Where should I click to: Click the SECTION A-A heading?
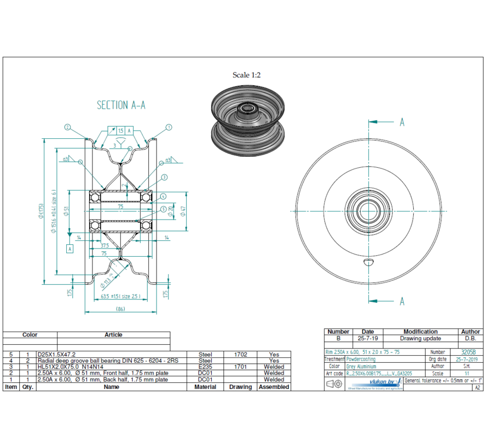(121, 105)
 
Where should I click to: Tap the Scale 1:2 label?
(246, 75)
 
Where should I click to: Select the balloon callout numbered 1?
(169, 127)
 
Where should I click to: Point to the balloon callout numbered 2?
(67, 127)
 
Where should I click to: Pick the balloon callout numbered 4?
(163, 196)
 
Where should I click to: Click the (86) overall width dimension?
(120, 309)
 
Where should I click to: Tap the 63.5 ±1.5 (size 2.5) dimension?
(120, 297)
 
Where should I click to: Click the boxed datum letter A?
(69, 249)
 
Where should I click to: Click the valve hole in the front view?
(369, 263)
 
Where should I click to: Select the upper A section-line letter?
(402, 122)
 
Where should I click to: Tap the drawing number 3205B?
(468, 352)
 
